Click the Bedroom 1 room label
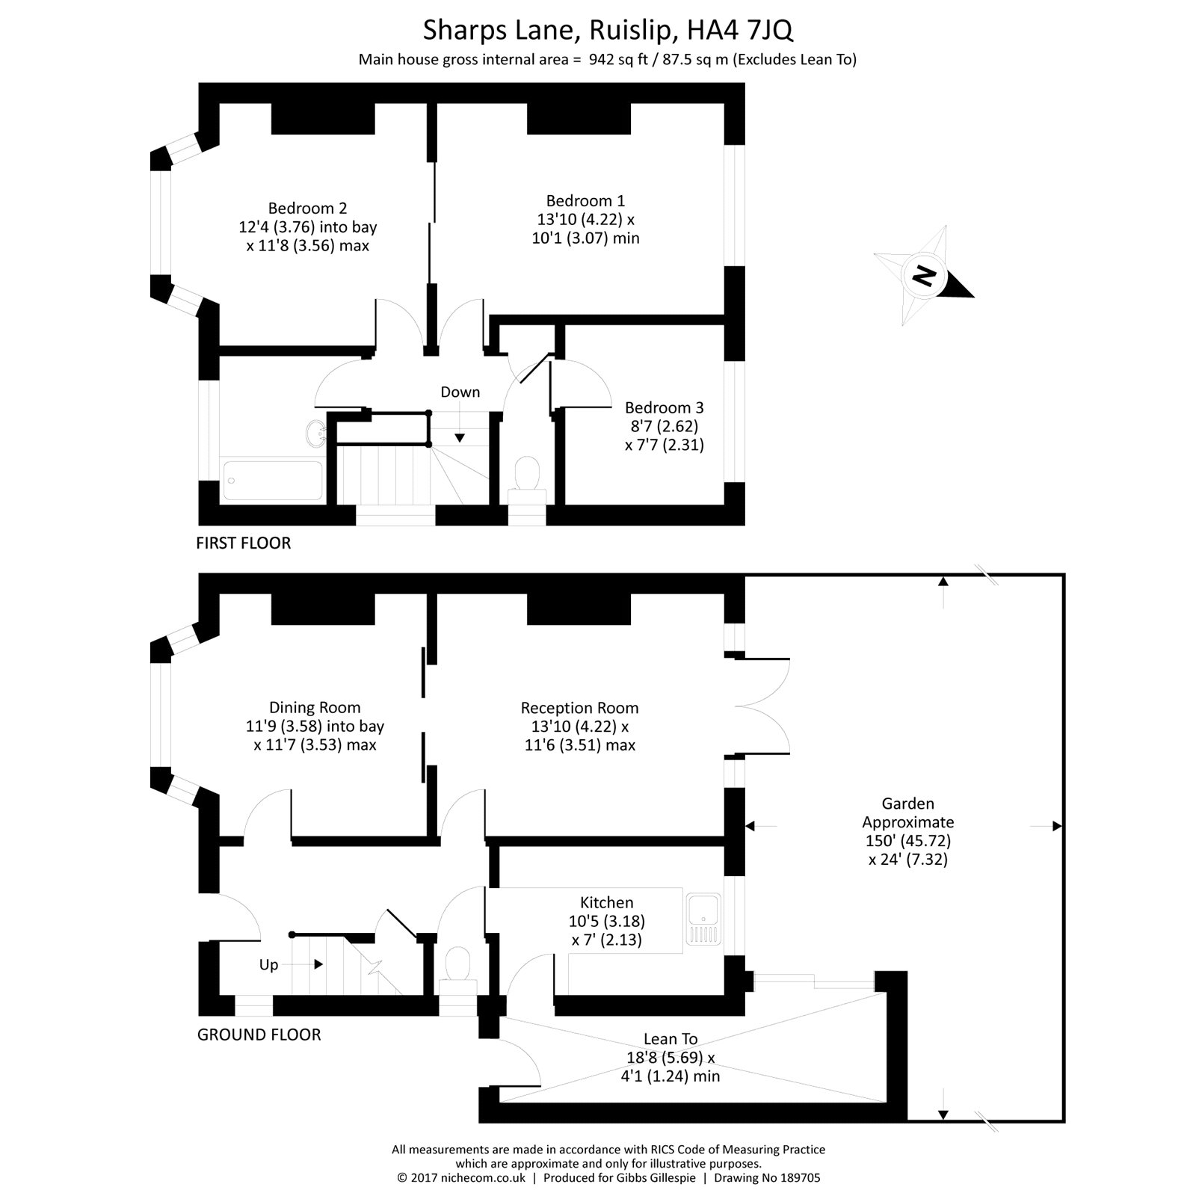tap(585, 201)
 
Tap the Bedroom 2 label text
tap(307, 209)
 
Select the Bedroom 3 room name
tap(664, 408)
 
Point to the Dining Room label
tap(315, 708)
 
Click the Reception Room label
tap(579, 708)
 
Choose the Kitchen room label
tap(606, 903)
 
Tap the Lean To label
tap(671, 1039)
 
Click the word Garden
tap(907, 804)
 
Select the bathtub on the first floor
tap(273, 480)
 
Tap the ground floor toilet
tap(457, 964)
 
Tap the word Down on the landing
tap(460, 392)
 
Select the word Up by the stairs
tap(268, 965)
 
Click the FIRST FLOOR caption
tap(243, 543)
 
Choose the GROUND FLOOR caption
tap(259, 1035)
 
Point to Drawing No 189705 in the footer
tap(767, 1178)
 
